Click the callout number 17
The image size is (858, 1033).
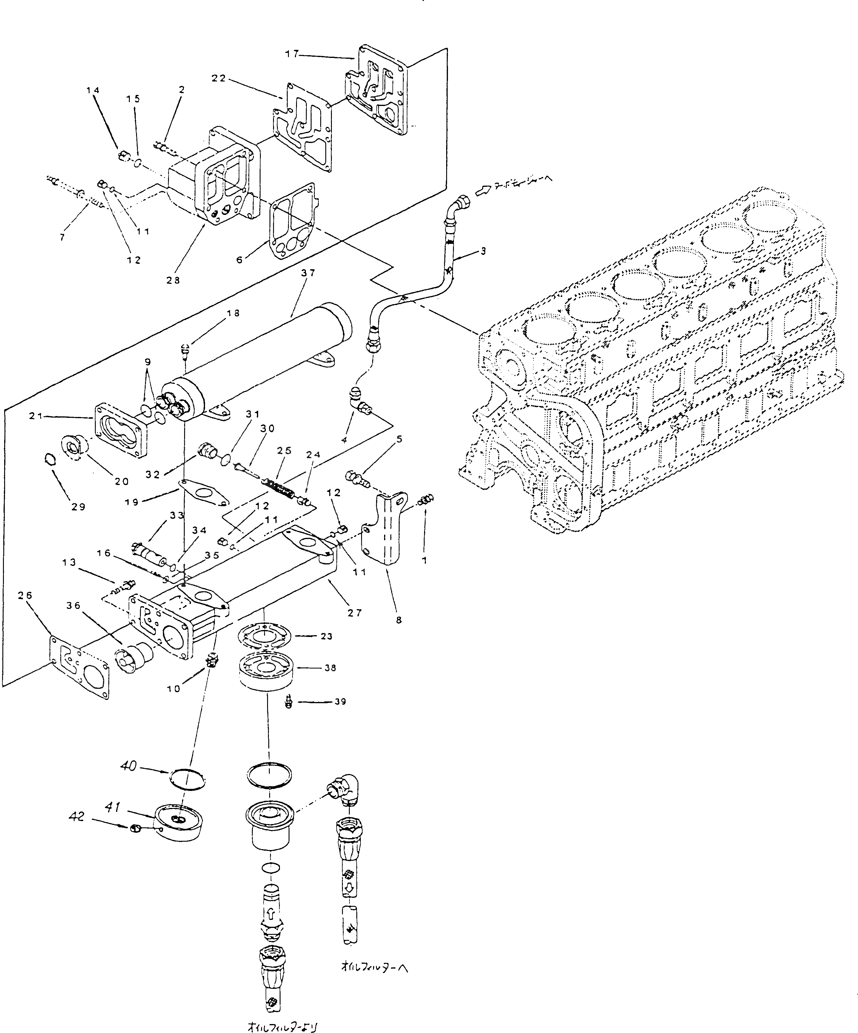point(292,54)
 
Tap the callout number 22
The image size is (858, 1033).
point(219,78)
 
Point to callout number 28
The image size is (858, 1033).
point(173,280)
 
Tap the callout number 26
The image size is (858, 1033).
point(25,595)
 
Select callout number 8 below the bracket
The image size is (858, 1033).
point(398,620)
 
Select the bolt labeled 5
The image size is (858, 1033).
point(358,478)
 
